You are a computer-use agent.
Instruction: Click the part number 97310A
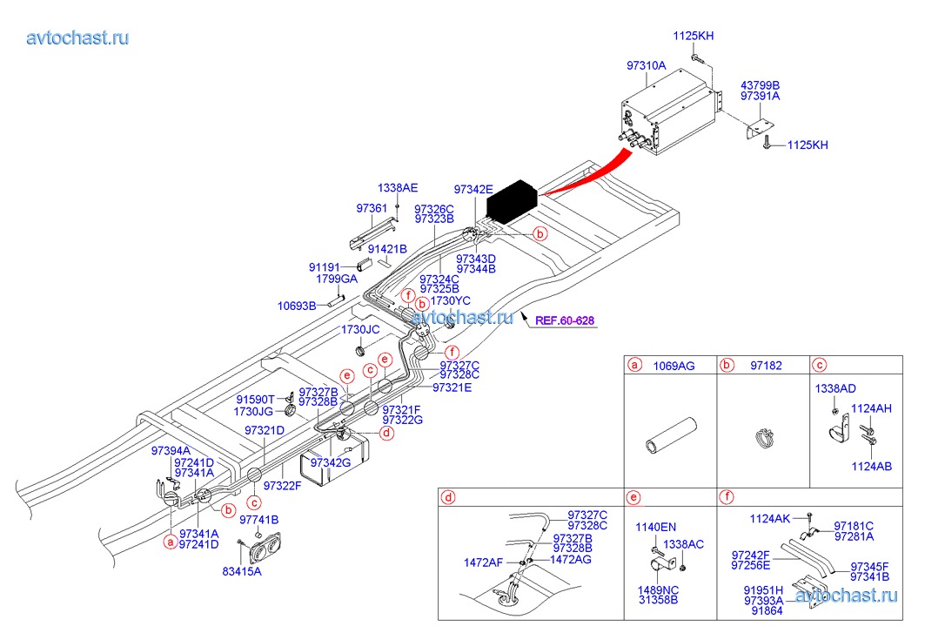(646, 66)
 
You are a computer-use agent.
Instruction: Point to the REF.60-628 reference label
(565, 320)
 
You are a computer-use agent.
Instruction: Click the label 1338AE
(398, 188)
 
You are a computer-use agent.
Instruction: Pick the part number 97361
(372, 208)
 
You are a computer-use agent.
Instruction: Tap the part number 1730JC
(360, 330)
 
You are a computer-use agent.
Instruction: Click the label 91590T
(254, 399)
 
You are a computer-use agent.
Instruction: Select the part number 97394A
(171, 451)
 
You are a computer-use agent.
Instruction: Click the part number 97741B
(259, 520)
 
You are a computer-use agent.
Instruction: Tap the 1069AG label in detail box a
(674, 366)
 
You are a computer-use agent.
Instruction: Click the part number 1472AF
(483, 562)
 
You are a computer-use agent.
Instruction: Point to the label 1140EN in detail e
(655, 528)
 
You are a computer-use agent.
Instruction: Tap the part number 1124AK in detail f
(771, 519)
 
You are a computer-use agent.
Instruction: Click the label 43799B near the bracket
(760, 85)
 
